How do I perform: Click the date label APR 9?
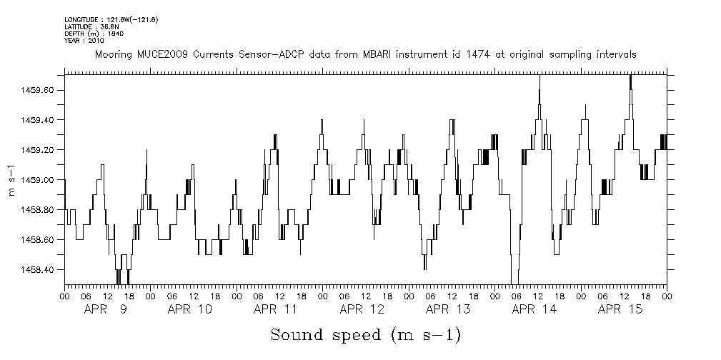[106, 309]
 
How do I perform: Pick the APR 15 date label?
[620, 309]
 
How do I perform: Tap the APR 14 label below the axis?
[534, 309]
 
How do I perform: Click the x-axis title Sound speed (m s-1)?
[364, 334]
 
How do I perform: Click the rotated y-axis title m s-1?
[11, 180]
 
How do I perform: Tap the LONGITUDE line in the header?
[111, 19]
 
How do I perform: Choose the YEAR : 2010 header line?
[84, 41]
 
